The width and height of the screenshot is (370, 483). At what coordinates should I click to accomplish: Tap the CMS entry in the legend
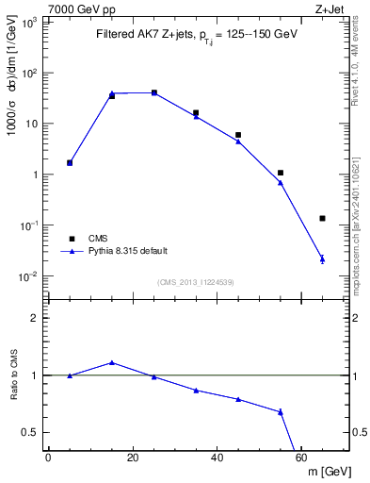point(98,239)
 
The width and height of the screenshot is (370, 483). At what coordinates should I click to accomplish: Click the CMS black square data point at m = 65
point(322,218)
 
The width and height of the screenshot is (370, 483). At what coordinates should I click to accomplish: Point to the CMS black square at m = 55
point(281,173)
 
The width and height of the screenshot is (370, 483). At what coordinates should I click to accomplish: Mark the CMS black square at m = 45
point(238,135)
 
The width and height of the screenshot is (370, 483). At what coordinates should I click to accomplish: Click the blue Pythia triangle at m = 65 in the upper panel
point(322,258)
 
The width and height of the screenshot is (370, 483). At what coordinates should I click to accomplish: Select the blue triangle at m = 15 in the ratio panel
point(112,362)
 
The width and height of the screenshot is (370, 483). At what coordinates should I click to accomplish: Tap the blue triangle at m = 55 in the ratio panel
point(281,411)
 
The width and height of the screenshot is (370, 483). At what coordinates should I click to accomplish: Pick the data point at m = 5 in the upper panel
point(70,162)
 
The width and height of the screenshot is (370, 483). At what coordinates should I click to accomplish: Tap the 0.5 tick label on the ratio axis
point(31,432)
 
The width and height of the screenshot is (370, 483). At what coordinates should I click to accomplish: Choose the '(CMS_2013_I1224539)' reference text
point(196,282)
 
